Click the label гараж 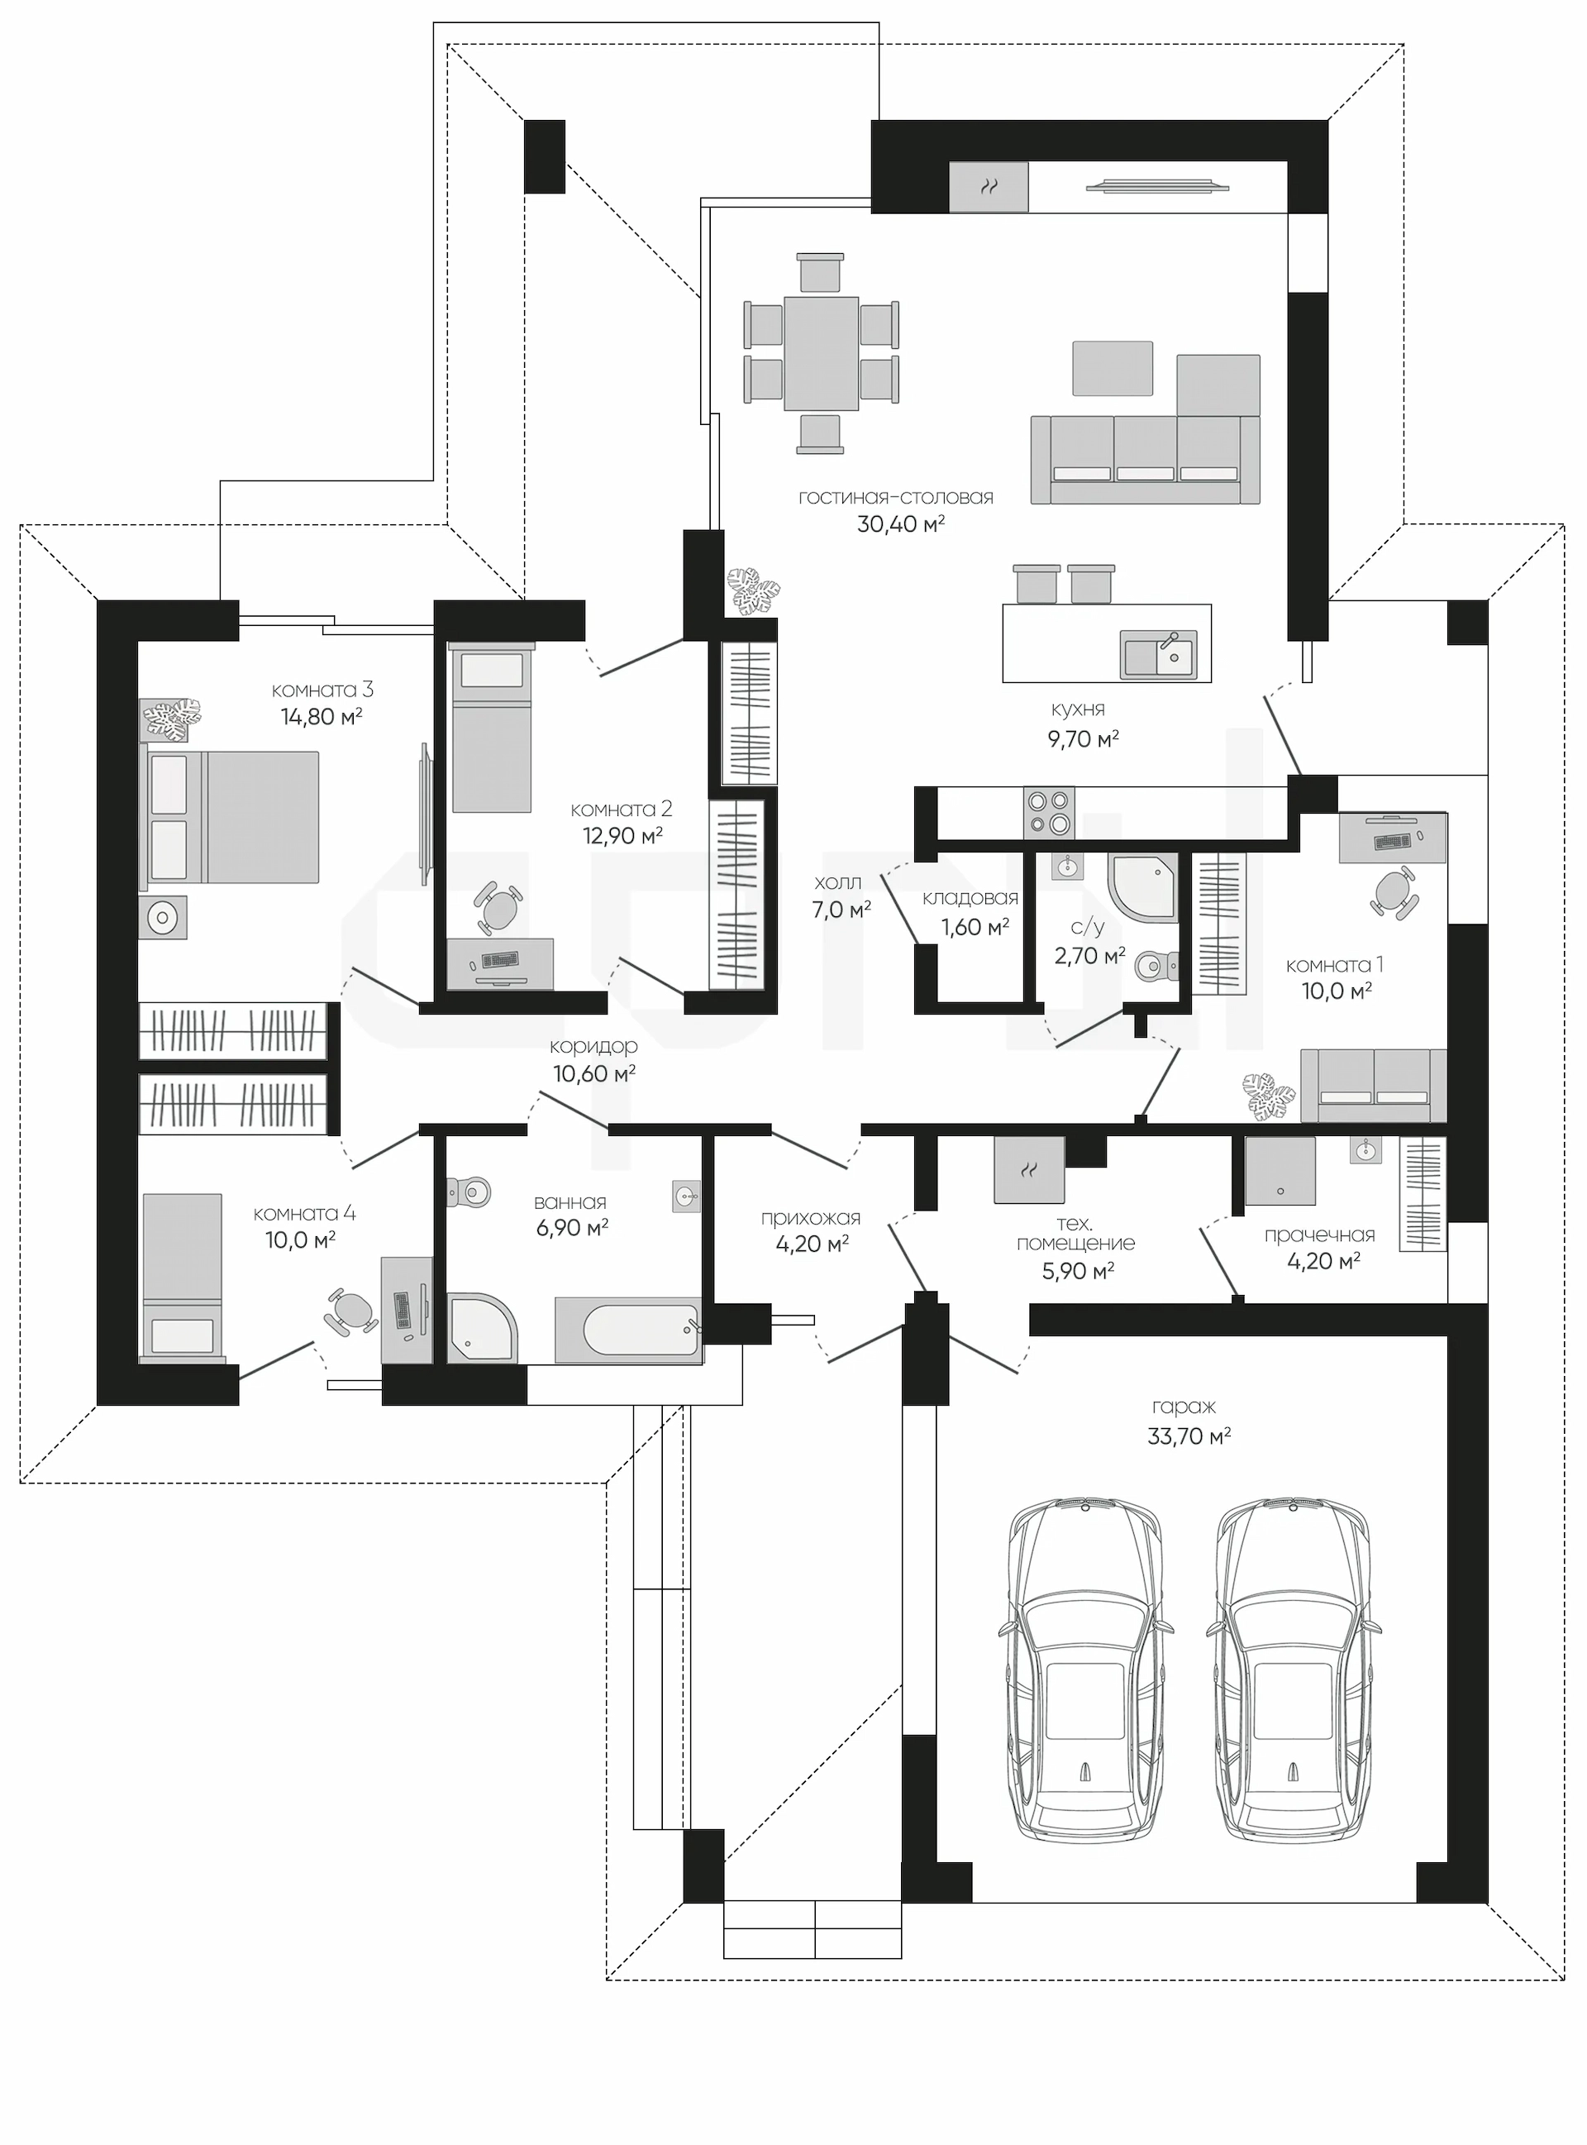point(1184,1407)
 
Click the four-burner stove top point(1049,813)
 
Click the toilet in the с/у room point(1154,965)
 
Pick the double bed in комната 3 point(230,817)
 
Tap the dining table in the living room point(822,353)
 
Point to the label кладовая point(970,899)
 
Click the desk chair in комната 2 point(498,906)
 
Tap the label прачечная point(1320,1236)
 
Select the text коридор point(593,1048)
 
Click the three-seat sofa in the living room point(1145,460)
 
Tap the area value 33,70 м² point(1189,1436)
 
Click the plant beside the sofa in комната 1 point(1269,1096)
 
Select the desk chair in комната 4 point(351,1311)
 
